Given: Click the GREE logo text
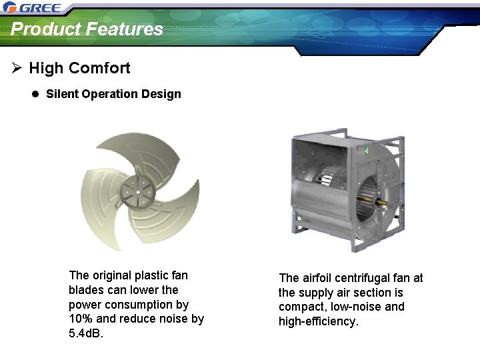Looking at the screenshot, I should point(41,9).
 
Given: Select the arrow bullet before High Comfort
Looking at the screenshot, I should point(17,68).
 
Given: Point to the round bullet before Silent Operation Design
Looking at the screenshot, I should point(35,94).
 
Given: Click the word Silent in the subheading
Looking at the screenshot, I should point(62,94).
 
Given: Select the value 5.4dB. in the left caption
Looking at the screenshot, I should point(87,333).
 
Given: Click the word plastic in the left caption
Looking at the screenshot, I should point(152,275).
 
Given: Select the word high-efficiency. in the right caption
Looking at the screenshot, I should point(319,321).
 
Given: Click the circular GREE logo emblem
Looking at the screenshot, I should point(10,8).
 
